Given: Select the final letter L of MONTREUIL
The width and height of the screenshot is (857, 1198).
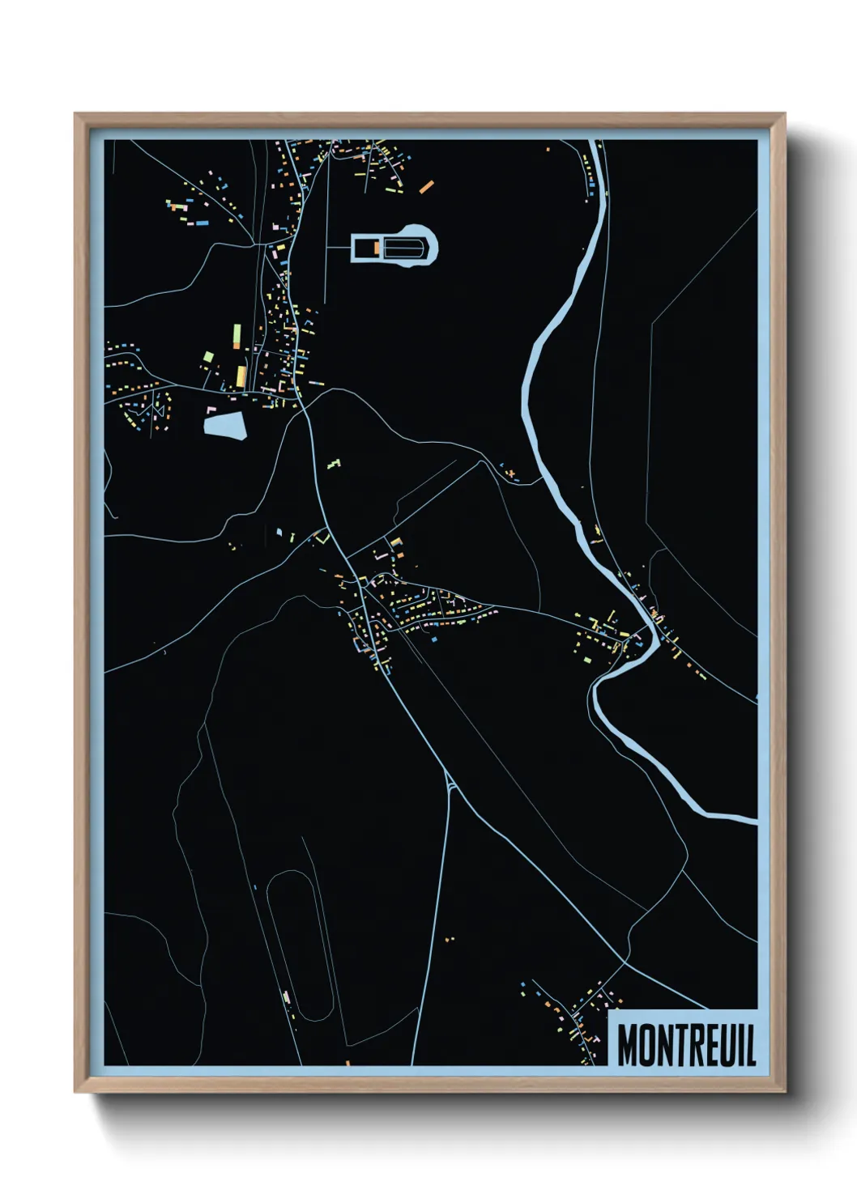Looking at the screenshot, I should [x=750, y=1045].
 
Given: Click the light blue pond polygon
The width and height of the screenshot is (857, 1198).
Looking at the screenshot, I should [x=225, y=425].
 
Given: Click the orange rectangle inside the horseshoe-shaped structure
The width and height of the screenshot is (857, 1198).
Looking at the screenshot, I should [x=377, y=247].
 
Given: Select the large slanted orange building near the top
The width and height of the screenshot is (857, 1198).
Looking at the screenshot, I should [x=426, y=186].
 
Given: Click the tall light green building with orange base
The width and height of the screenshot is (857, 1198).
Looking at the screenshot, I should [x=237, y=335].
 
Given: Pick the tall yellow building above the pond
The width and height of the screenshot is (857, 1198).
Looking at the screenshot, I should [x=241, y=376].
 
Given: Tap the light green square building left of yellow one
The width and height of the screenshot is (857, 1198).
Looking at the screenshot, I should [x=208, y=356].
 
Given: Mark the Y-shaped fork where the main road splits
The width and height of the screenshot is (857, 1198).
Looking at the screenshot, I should [x=448, y=783].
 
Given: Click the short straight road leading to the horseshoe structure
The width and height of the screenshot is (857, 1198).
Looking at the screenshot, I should [x=338, y=246].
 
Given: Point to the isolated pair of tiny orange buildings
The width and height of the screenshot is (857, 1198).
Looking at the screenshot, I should [x=450, y=939].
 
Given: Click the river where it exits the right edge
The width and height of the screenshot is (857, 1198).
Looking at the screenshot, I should [x=749, y=821].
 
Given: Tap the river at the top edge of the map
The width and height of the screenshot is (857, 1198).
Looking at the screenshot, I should [x=599, y=146].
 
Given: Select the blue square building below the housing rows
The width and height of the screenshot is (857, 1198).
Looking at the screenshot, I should [x=435, y=639].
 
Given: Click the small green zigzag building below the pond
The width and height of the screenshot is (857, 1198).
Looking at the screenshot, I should [x=333, y=464].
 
